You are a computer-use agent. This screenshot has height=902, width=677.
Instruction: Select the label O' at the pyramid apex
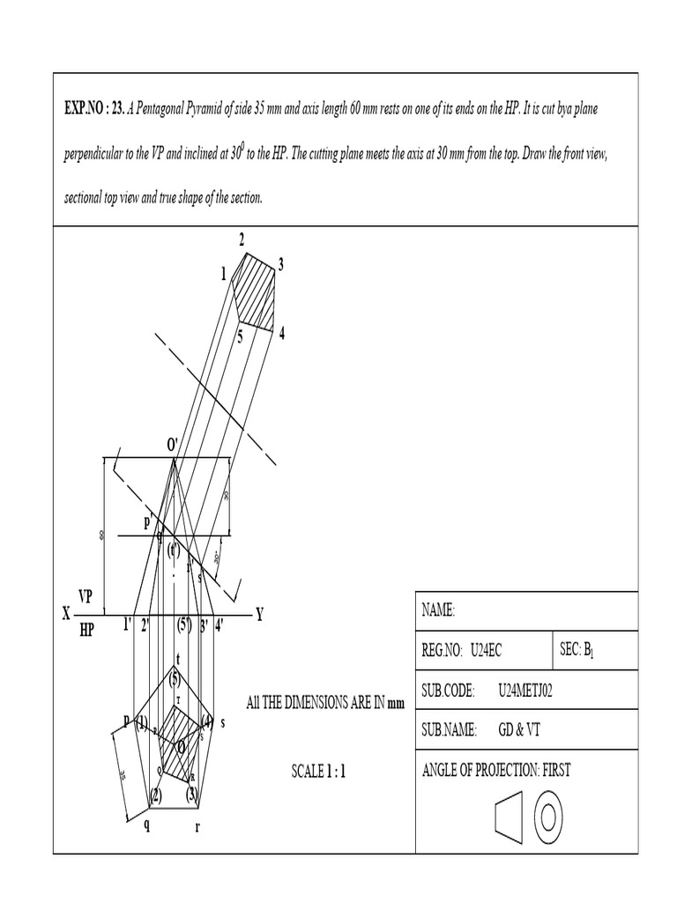(x=173, y=445)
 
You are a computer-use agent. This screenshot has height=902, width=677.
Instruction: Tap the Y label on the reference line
(x=259, y=615)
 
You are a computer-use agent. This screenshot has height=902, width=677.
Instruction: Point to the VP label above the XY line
(x=86, y=597)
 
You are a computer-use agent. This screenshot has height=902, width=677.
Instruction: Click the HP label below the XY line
(x=86, y=631)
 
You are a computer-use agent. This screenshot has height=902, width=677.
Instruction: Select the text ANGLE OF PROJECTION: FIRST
(x=497, y=770)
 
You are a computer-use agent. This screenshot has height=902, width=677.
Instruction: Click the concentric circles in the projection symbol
(x=547, y=817)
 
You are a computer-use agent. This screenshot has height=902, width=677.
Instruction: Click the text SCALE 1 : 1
(x=319, y=772)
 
